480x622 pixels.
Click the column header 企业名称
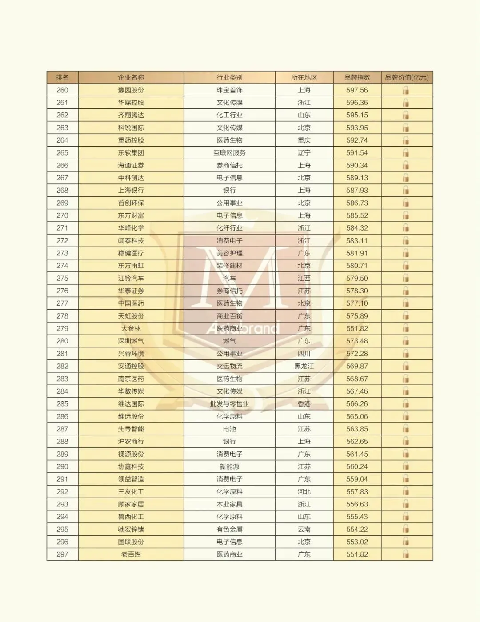coord(131,77)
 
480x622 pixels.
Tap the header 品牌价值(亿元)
coord(407,77)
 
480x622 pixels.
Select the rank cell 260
coord(62,90)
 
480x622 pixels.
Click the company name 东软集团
coord(131,153)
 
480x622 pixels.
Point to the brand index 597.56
coord(357,90)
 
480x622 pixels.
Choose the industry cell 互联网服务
coord(229,153)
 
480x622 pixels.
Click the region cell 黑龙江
coord(304,366)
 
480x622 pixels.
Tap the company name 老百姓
coord(131,554)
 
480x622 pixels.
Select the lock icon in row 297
coord(406,554)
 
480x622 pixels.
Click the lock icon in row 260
coord(406,90)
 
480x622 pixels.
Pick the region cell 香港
coord(304,404)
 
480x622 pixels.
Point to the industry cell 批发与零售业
coord(229,404)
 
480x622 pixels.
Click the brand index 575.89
coord(357,316)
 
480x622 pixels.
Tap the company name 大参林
coord(131,329)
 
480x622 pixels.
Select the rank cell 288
coord(62,442)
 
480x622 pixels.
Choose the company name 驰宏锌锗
coord(131,530)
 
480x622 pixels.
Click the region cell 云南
coord(304,530)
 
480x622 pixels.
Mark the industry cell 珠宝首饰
coord(229,90)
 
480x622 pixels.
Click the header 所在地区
coord(304,77)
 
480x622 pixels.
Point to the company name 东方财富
coord(131,215)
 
